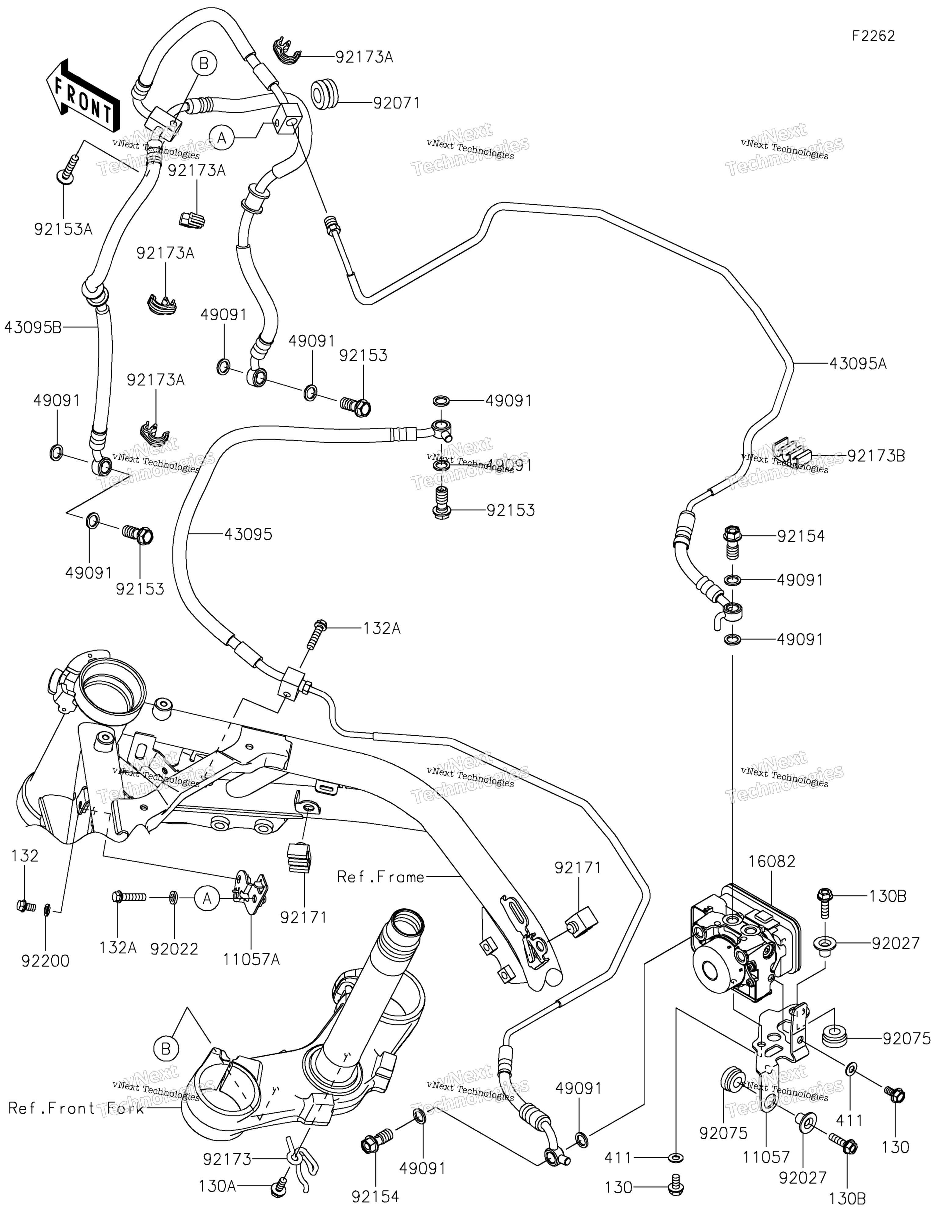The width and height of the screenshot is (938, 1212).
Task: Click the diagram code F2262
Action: pos(874,36)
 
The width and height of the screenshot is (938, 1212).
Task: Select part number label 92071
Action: pos(396,103)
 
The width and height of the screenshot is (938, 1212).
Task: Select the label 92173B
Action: pos(876,456)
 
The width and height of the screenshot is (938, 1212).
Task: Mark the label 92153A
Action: pos(63,229)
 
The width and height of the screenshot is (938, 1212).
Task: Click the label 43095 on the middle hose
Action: pos(248,534)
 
